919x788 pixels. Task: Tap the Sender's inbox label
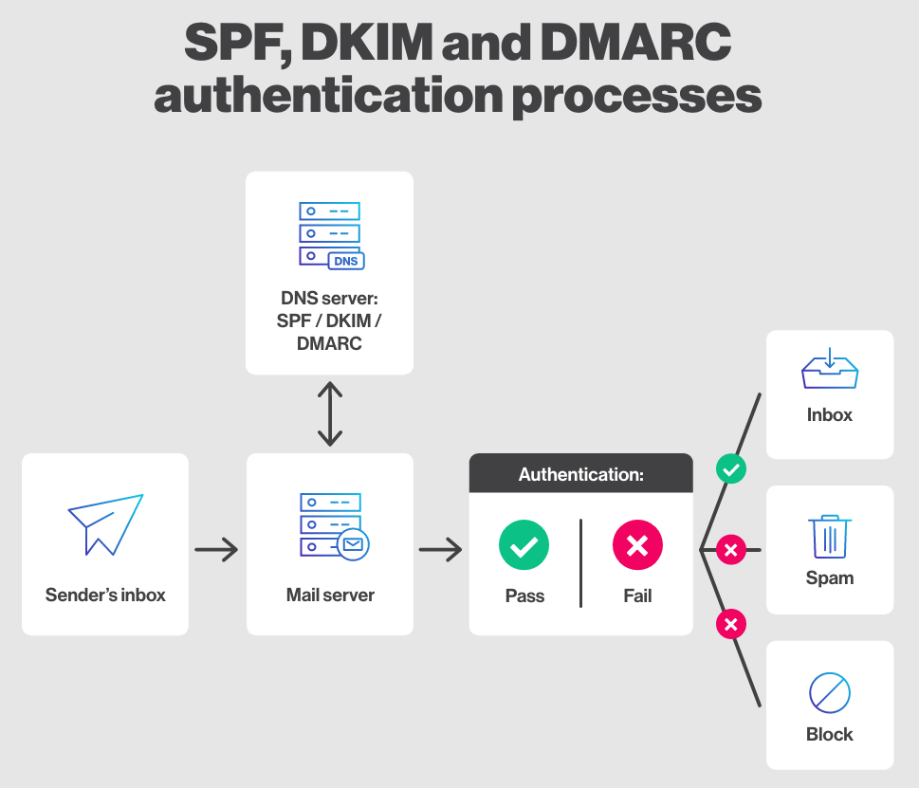[x=105, y=596]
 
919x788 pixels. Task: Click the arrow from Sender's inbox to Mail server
[x=216, y=549]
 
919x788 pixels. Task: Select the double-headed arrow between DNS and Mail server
[x=329, y=414]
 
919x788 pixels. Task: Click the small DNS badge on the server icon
[x=345, y=261]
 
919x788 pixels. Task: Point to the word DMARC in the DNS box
[x=329, y=343]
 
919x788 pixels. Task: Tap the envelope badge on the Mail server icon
[x=353, y=545]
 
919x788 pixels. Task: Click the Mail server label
[x=330, y=596]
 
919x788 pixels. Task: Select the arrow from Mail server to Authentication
[x=440, y=549]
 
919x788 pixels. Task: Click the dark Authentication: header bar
[x=580, y=474]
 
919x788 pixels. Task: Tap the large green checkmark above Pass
[x=524, y=545]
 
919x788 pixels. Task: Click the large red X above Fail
[x=637, y=545]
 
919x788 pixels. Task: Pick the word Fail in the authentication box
[x=637, y=596]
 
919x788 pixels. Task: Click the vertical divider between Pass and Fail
[x=580, y=562]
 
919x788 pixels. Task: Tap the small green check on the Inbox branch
[x=730, y=468]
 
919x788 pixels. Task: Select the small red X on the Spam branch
[x=730, y=549]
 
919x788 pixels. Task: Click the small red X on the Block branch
[x=730, y=624]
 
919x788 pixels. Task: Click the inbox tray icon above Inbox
[x=830, y=370]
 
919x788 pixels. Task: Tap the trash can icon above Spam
[x=830, y=537]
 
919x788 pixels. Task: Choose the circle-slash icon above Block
[x=830, y=693]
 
